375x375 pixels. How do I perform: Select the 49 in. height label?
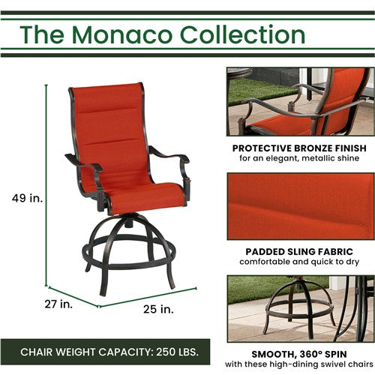(28, 198)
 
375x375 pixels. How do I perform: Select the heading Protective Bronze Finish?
(300, 148)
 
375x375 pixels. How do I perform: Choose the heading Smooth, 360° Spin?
(300, 354)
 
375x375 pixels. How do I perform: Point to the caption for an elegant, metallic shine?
(300, 159)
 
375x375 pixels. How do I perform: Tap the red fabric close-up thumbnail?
(300, 205)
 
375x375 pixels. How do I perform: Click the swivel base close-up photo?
(300, 307)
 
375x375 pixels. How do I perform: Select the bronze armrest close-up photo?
(300, 101)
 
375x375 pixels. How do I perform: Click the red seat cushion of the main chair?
(142, 198)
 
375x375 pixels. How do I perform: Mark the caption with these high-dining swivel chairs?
(300, 365)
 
